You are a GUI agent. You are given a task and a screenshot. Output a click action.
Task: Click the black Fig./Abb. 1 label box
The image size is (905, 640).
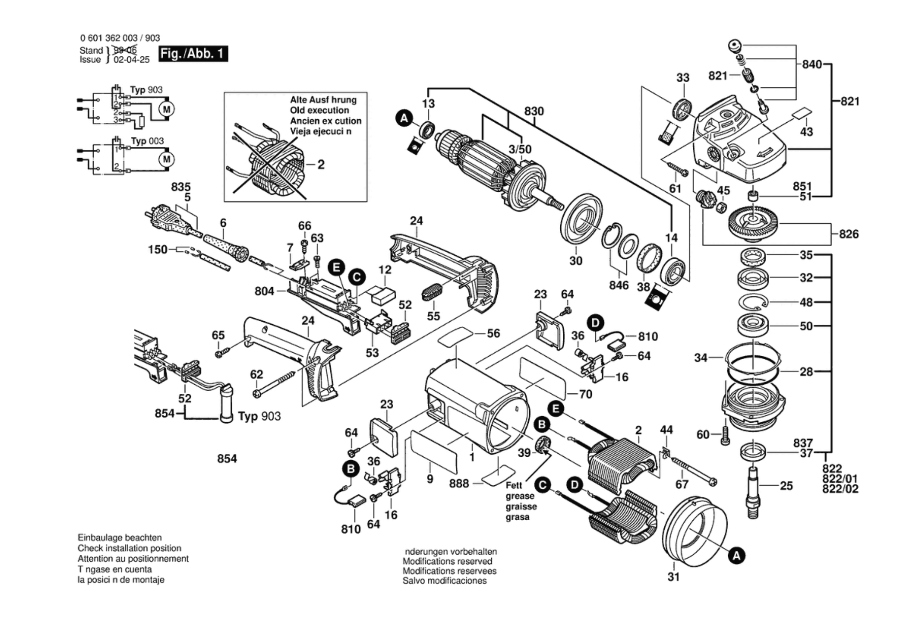(x=193, y=54)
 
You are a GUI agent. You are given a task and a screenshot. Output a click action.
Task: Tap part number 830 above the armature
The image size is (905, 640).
(x=534, y=111)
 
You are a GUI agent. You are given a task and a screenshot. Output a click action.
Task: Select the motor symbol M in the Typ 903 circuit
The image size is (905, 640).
(x=166, y=109)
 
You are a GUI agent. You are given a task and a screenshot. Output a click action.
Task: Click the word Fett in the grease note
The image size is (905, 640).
(x=514, y=485)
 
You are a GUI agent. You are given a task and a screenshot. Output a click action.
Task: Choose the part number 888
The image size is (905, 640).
(x=459, y=484)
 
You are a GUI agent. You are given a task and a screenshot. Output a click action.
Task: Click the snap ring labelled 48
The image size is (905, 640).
(x=753, y=302)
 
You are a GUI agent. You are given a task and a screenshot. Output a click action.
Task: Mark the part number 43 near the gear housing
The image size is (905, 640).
(x=806, y=132)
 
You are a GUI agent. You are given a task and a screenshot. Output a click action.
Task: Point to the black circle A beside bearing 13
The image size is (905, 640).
(x=404, y=118)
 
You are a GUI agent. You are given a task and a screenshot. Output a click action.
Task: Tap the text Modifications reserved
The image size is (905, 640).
(x=447, y=561)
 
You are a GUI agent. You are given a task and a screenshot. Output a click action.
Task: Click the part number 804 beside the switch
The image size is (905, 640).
(x=264, y=291)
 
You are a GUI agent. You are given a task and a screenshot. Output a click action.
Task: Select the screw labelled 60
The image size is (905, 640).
(x=725, y=437)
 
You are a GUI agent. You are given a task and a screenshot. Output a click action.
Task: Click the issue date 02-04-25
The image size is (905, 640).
(x=132, y=60)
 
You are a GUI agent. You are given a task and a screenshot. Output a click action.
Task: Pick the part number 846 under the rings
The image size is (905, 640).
(x=619, y=285)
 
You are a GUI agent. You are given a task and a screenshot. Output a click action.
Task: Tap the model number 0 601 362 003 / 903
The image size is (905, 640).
(x=120, y=38)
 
